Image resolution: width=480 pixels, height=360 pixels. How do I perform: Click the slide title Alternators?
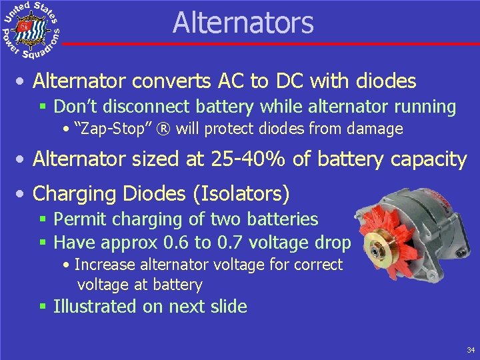tap(243, 22)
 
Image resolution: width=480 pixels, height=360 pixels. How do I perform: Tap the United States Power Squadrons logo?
tap(31, 29)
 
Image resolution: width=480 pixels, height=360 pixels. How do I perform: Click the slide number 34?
tap(471, 349)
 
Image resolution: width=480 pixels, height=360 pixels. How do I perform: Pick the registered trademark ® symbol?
tap(153, 129)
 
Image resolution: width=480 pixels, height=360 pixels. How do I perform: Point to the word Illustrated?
tap(95, 307)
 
